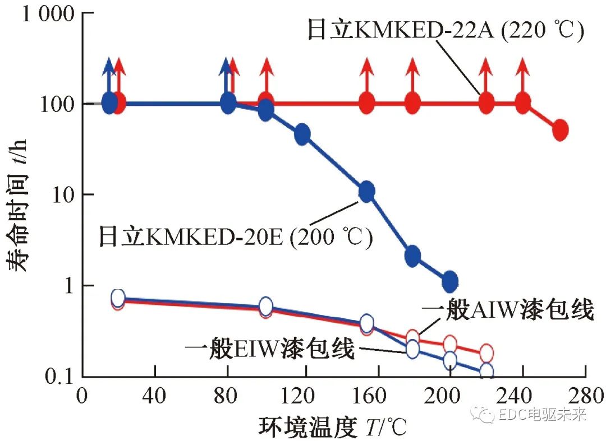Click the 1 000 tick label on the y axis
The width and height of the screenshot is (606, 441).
click(x=48, y=14)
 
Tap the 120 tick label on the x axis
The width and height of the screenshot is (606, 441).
click(x=302, y=397)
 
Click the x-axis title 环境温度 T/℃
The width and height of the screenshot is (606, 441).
click(x=332, y=426)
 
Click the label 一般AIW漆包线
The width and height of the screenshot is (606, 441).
click(x=508, y=310)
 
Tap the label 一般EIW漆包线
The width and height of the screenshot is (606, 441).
click(x=269, y=350)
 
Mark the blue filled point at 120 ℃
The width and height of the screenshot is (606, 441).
click(x=302, y=134)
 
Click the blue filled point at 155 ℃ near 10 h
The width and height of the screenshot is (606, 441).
click(x=367, y=192)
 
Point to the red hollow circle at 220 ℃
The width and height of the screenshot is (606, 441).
click(x=486, y=353)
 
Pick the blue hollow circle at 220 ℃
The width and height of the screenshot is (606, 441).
click(x=486, y=372)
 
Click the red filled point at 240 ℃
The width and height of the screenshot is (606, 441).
click(x=523, y=103)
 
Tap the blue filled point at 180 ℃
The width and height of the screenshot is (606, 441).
click(x=412, y=256)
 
